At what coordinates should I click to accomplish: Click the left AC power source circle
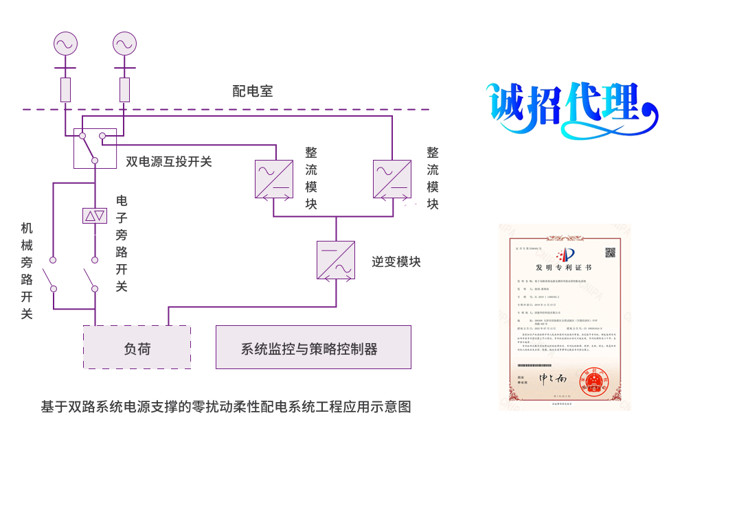tap(66, 45)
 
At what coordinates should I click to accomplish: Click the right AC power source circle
tap(124, 45)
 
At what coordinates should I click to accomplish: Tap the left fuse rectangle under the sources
tap(66, 89)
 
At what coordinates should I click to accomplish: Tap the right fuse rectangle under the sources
tap(124, 89)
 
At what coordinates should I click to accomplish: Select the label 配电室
tap(253, 92)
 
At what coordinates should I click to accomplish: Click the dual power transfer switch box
tap(95, 148)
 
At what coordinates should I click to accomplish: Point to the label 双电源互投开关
tap(168, 162)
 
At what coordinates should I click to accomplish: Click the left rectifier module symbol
tap(274, 179)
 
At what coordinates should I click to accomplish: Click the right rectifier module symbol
tap(392, 179)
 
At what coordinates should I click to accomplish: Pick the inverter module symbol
tap(336, 260)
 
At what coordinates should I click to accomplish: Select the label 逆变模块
tap(396, 261)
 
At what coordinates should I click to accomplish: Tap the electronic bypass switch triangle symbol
tap(95, 216)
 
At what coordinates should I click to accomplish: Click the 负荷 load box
tap(137, 348)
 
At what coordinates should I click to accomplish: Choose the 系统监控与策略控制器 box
tap(313, 348)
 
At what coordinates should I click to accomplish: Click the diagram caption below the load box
tap(225, 407)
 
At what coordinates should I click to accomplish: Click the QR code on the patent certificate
tap(609, 252)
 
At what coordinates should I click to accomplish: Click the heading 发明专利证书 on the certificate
tap(564, 266)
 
